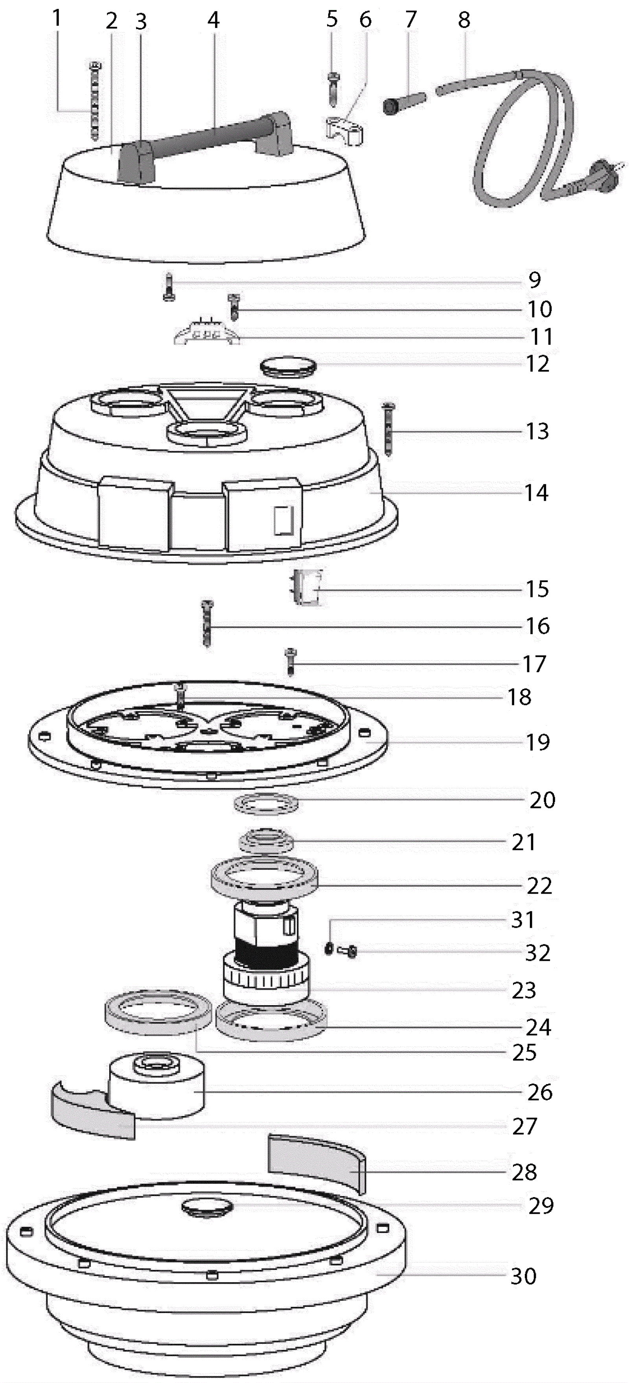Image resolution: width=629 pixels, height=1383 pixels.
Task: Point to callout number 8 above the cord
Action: point(464,20)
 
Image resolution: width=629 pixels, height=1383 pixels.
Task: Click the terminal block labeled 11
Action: point(207,334)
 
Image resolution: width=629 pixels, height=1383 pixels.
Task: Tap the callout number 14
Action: point(536,492)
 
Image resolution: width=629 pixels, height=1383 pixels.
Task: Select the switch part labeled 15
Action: point(306,588)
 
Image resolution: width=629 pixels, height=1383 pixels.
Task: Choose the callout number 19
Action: point(537,742)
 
